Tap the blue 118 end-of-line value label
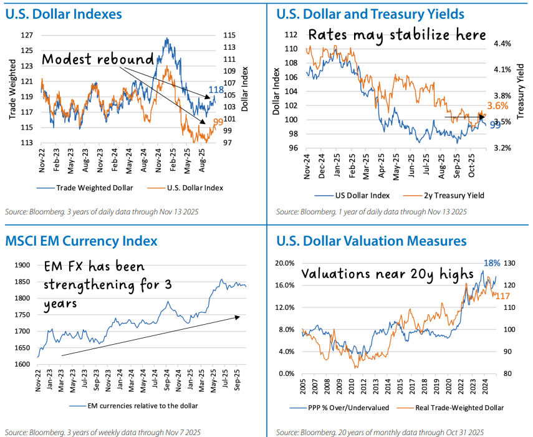click(x=216, y=90)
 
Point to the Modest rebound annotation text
click(x=98, y=60)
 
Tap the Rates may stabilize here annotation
click(x=396, y=35)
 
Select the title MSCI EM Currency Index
click(x=81, y=241)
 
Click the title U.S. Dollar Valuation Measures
click(x=371, y=241)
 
